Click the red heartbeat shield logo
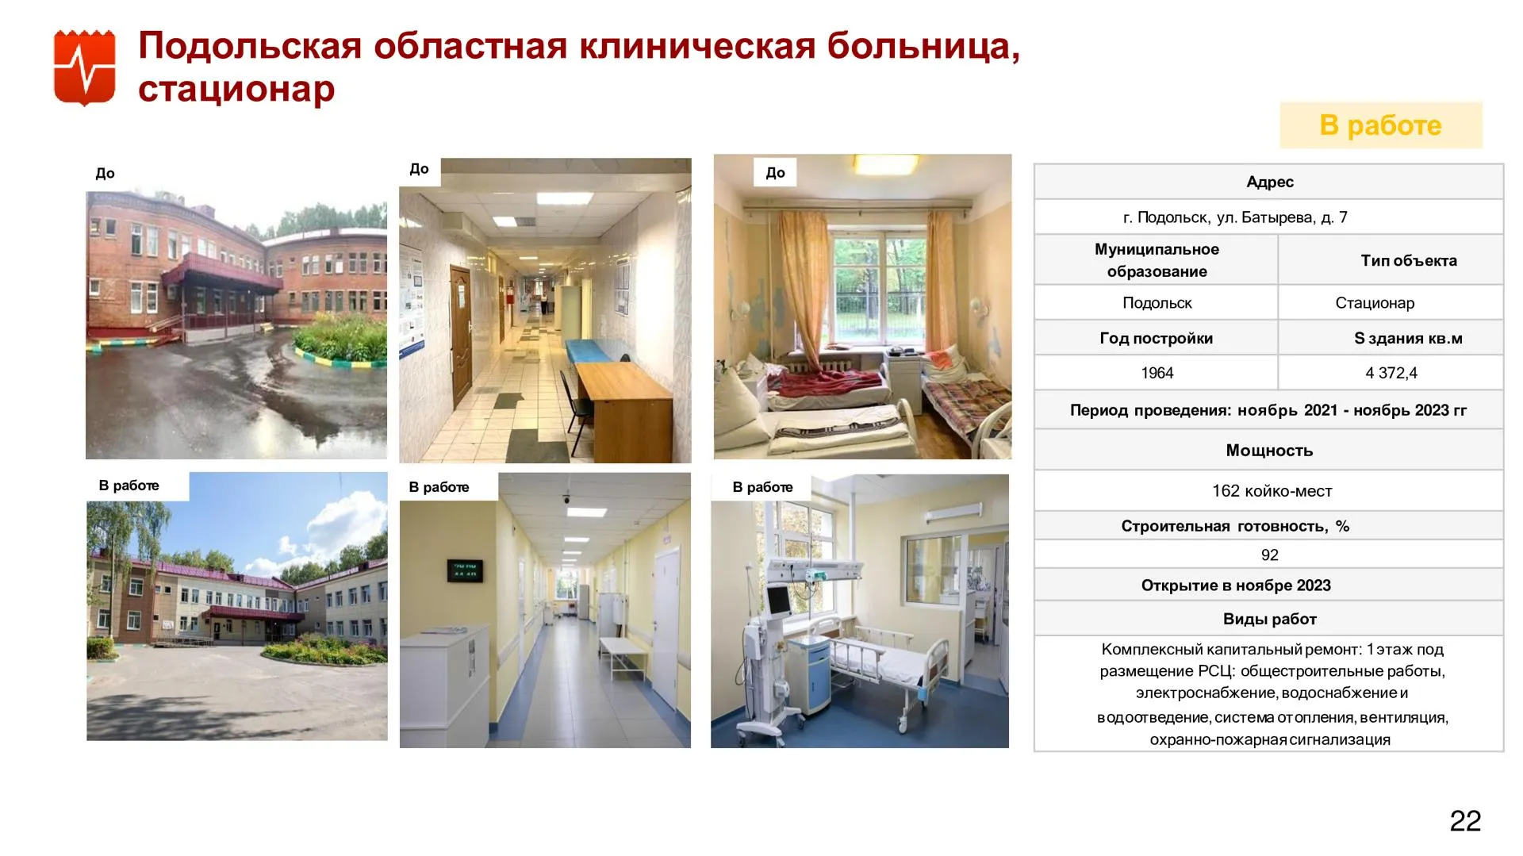pos(85,67)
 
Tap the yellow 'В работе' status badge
pos(1380,125)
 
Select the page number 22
pos(1465,820)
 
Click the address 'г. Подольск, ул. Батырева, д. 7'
pos(1235,217)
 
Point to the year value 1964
pos(1157,373)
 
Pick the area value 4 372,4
pos(1391,373)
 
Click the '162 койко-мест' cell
pos(1272,491)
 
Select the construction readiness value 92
pos(1269,555)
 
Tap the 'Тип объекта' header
pos(1409,260)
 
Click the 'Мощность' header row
pos(1269,450)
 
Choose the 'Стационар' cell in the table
pos(1375,303)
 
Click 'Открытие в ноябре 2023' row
pos(1236,585)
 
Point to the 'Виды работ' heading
pos(1269,619)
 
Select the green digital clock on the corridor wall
pos(465,570)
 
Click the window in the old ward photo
pos(877,285)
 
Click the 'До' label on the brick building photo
pos(105,173)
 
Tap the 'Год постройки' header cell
pos(1156,338)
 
